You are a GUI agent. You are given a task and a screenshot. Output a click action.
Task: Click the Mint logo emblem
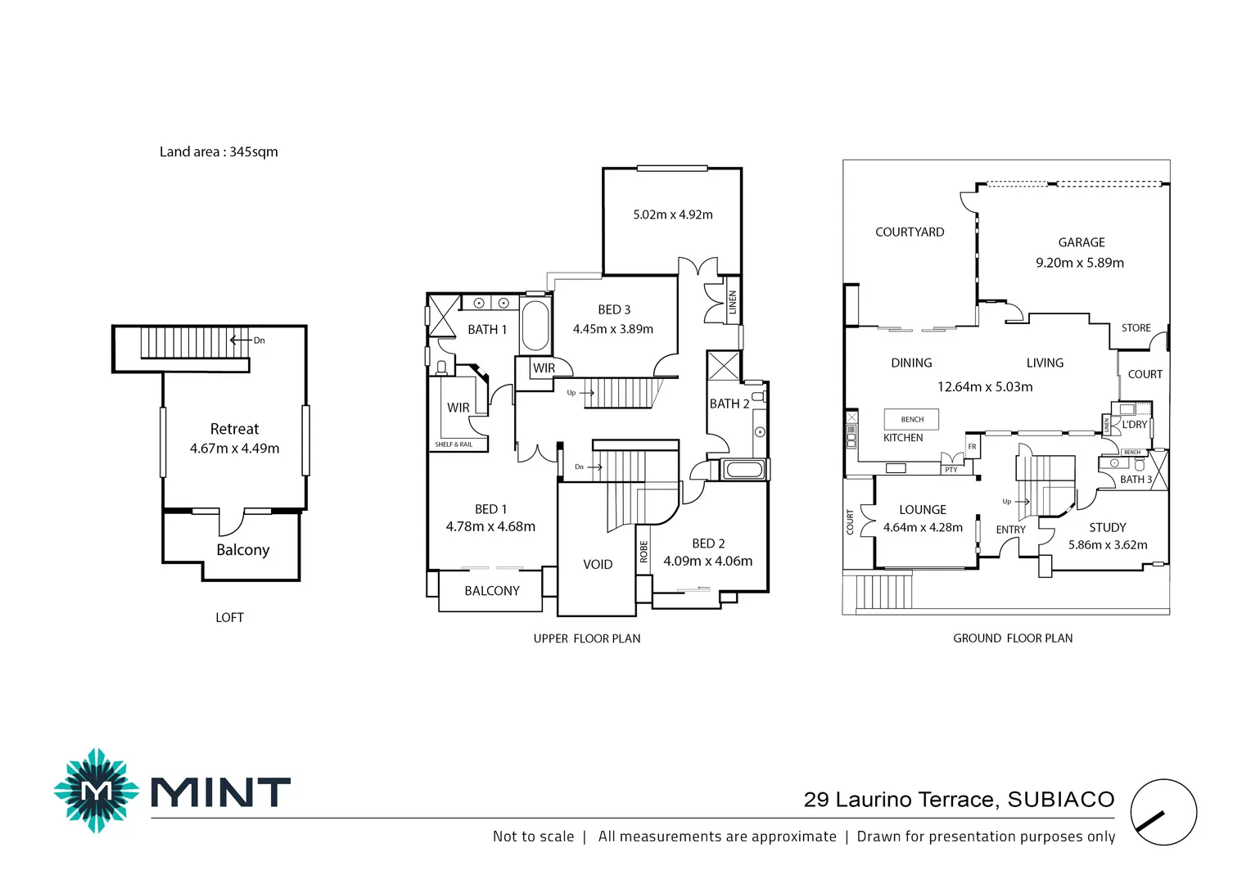[97, 791]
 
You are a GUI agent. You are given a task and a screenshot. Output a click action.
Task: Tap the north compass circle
[1163, 812]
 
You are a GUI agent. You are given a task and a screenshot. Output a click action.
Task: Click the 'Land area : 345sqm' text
[219, 151]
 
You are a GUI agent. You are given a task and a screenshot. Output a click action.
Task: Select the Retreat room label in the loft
[234, 429]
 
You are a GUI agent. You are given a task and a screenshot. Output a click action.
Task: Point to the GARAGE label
[1081, 242]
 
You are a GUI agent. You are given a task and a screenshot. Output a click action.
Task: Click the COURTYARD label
[910, 232]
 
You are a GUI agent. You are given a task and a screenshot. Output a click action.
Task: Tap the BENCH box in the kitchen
[912, 419]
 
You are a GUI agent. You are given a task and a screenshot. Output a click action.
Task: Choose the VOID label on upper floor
[598, 564]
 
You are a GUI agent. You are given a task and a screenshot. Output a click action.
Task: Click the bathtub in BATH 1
[535, 327]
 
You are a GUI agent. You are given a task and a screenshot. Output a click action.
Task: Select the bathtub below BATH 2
[744, 470]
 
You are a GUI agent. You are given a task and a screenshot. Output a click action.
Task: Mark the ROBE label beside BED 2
[644, 552]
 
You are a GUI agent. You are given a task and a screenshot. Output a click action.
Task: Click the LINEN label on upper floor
[733, 302]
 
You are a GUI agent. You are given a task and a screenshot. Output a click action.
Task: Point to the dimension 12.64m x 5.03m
[985, 386]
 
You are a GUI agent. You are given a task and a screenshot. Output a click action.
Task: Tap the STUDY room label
[1107, 528]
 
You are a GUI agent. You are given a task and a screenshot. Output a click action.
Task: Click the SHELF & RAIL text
[454, 444]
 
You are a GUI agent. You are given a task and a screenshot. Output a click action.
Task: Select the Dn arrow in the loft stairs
[240, 341]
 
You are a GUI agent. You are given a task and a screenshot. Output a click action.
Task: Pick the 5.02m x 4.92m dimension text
[672, 214]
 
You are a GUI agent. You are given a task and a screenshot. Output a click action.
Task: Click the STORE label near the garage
[1136, 328]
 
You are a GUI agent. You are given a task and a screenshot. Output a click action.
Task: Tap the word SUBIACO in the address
[1060, 800]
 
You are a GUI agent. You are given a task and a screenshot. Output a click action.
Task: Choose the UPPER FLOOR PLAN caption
[587, 638]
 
